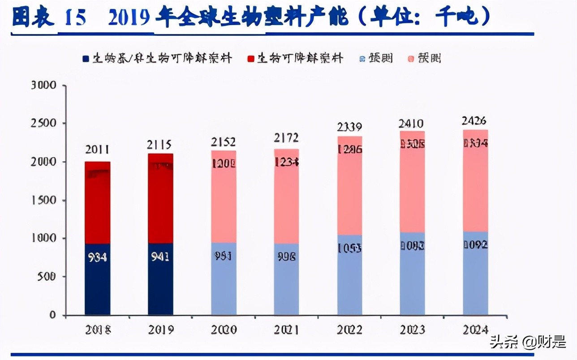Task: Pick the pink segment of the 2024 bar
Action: click(475, 188)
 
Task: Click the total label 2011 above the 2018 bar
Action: click(97, 150)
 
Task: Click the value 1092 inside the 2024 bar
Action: click(475, 245)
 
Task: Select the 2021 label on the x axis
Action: click(286, 330)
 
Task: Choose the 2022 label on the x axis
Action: click(349, 330)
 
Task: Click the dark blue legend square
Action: click(86, 59)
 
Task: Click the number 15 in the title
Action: click(75, 18)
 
